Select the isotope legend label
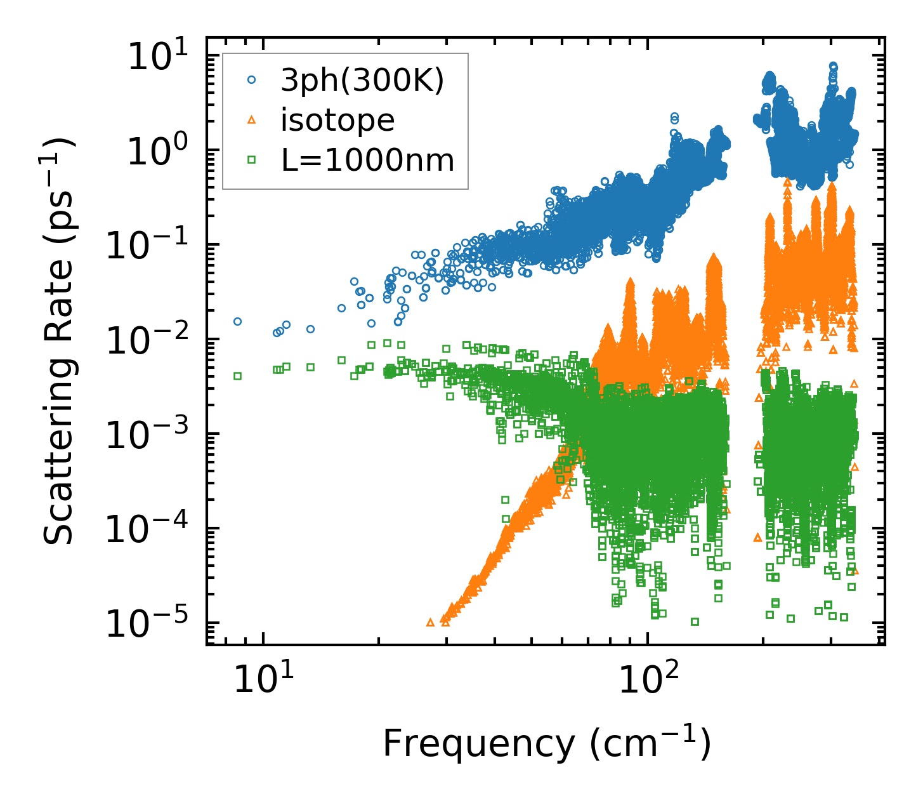pyautogui.click(x=337, y=120)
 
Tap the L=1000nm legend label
pyautogui.click(x=368, y=161)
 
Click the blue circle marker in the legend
pyautogui.click(x=252, y=80)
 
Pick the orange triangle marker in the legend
pyautogui.click(x=252, y=120)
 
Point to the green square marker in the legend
pyautogui.click(x=252, y=161)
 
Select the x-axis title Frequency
pyautogui.click(x=546, y=743)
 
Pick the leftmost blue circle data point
pyautogui.click(x=237, y=321)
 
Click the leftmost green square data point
pyautogui.click(x=237, y=376)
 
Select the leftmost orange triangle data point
pyautogui.click(x=430, y=622)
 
